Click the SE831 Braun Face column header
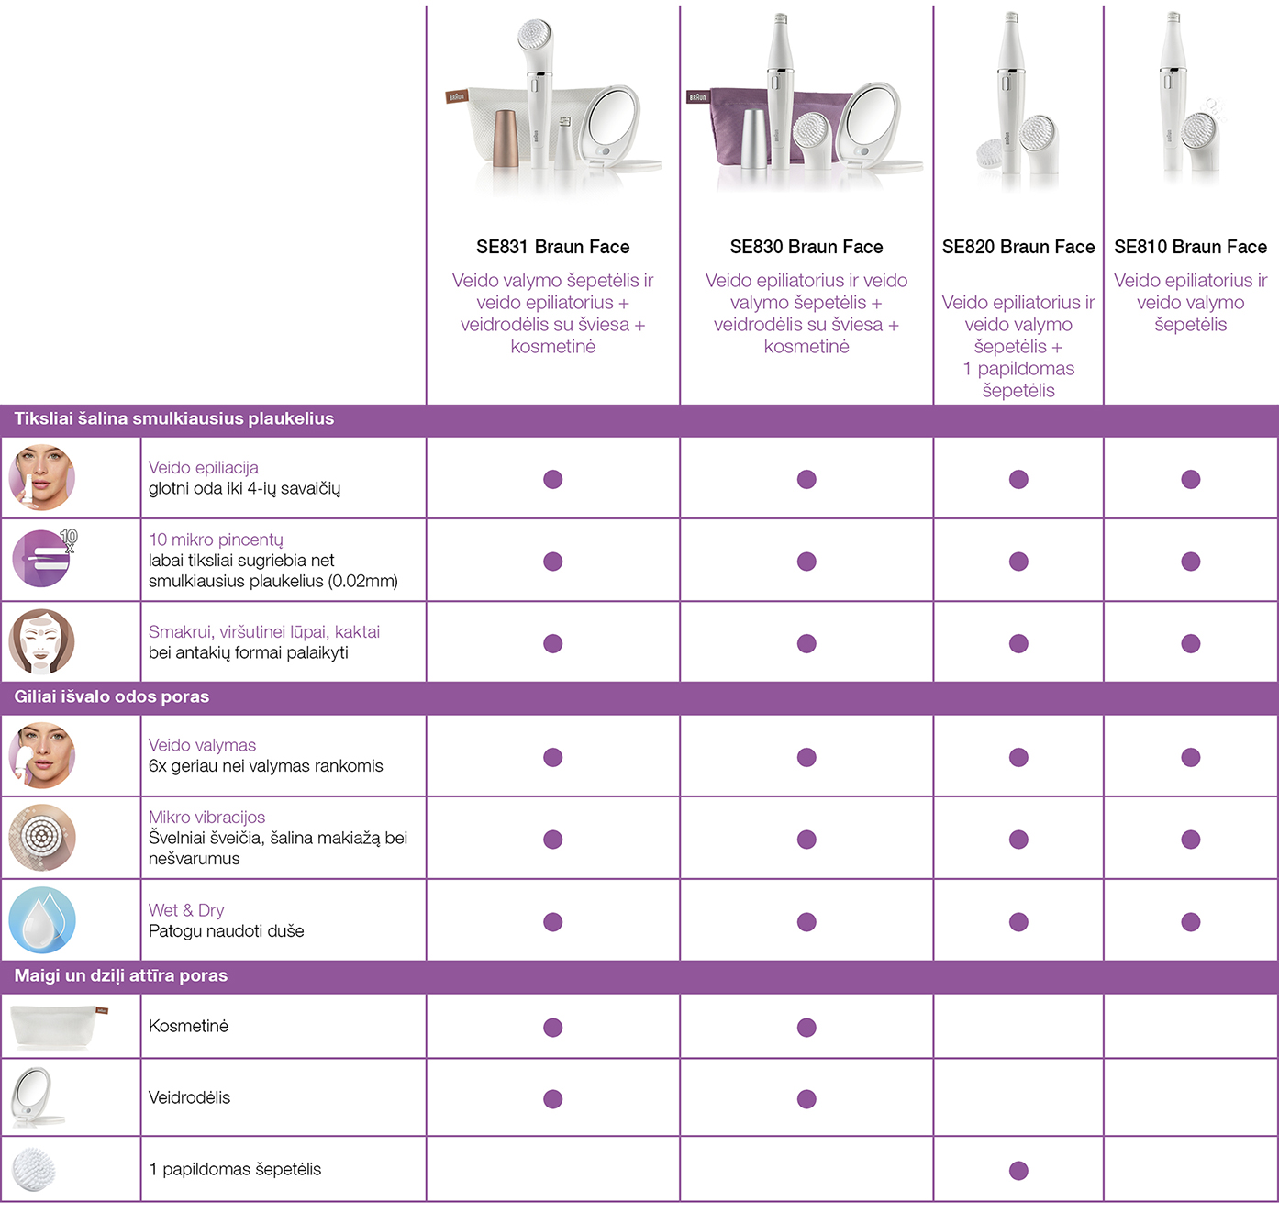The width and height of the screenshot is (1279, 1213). point(553,247)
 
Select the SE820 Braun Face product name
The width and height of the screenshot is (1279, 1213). point(1018,247)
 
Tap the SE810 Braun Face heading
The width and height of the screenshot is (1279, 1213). point(1191,247)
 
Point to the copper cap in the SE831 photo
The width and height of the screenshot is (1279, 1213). point(506,139)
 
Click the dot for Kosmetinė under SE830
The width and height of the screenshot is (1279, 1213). point(806,1028)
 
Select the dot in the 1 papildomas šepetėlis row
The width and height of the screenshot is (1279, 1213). point(1018,1171)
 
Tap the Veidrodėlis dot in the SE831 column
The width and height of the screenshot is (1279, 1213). point(553,1099)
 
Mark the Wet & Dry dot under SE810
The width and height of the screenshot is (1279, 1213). point(1191,922)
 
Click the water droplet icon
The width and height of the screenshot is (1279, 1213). point(42,920)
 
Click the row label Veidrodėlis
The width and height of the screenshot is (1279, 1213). point(189,1097)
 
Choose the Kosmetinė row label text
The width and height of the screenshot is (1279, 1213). point(189,1026)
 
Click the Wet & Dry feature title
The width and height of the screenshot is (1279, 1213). point(186,910)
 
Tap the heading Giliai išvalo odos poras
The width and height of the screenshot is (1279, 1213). point(112,696)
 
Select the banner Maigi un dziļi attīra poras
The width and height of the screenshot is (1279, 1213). point(121,974)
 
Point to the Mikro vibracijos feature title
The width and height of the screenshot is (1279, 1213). point(206,817)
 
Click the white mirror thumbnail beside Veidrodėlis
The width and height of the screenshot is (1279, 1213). point(39,1097)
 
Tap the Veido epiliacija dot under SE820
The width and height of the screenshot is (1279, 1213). point(1018,480)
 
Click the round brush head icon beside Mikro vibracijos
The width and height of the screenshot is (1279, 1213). point(42,838)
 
